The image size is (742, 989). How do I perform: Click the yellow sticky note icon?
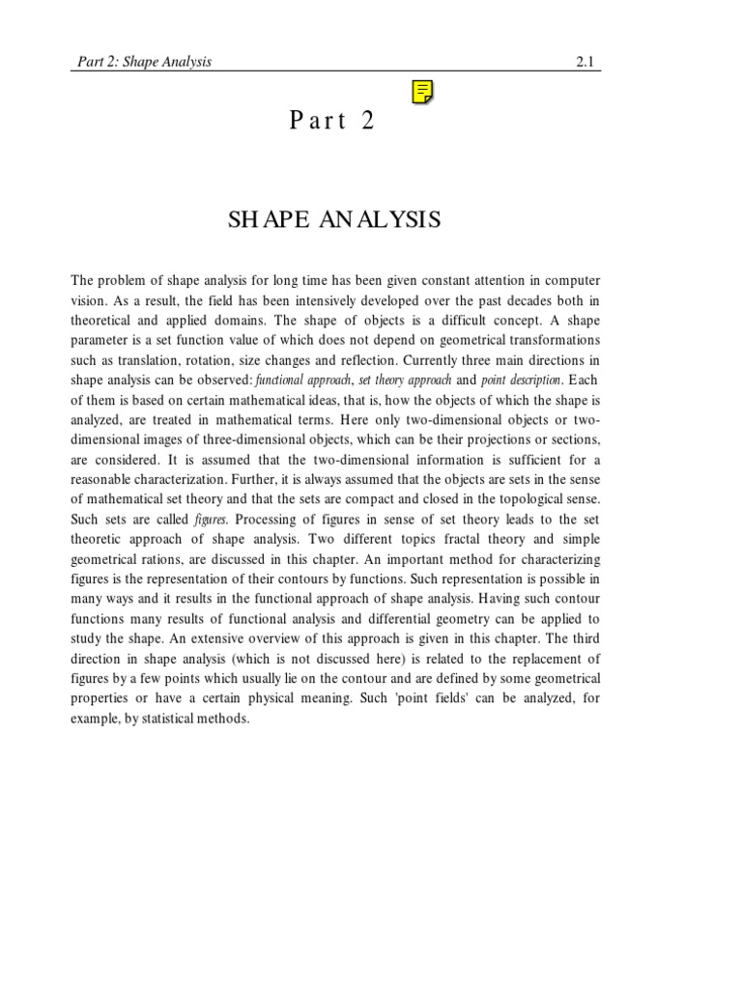tap(421, 92)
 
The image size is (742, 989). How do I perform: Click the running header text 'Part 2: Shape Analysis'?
tap(144, 62)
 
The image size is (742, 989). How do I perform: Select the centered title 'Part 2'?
tap(331, 122)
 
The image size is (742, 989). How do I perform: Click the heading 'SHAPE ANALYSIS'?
tap(334, 220)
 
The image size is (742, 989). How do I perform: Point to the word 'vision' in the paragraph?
tap(89, 301)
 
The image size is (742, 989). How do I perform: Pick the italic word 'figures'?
tap(211, 520)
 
